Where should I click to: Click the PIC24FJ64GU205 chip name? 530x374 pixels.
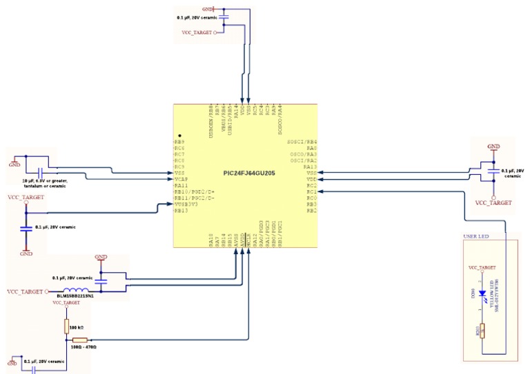tap(249, 173)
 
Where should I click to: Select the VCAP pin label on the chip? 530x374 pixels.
tap(181, 179)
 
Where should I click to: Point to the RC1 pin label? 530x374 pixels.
tap(311, 191)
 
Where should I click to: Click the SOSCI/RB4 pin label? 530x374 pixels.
tap(302, 141)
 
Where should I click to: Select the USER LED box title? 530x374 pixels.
tap(475, 236)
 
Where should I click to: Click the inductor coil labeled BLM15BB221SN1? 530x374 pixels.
tap(76, 291)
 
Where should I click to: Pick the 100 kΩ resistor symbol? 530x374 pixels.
tap(66, 326)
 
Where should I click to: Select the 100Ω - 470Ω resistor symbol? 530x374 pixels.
tap(79, 340)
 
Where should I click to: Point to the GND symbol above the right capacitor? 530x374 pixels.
tap(493, 147)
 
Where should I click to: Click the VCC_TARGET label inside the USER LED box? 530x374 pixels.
tap(482, 266)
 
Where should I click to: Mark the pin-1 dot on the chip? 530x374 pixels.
tap(179, 136)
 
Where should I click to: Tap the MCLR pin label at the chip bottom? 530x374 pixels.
tap(248, 240)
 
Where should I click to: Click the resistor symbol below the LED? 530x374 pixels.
tap(482, 332)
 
